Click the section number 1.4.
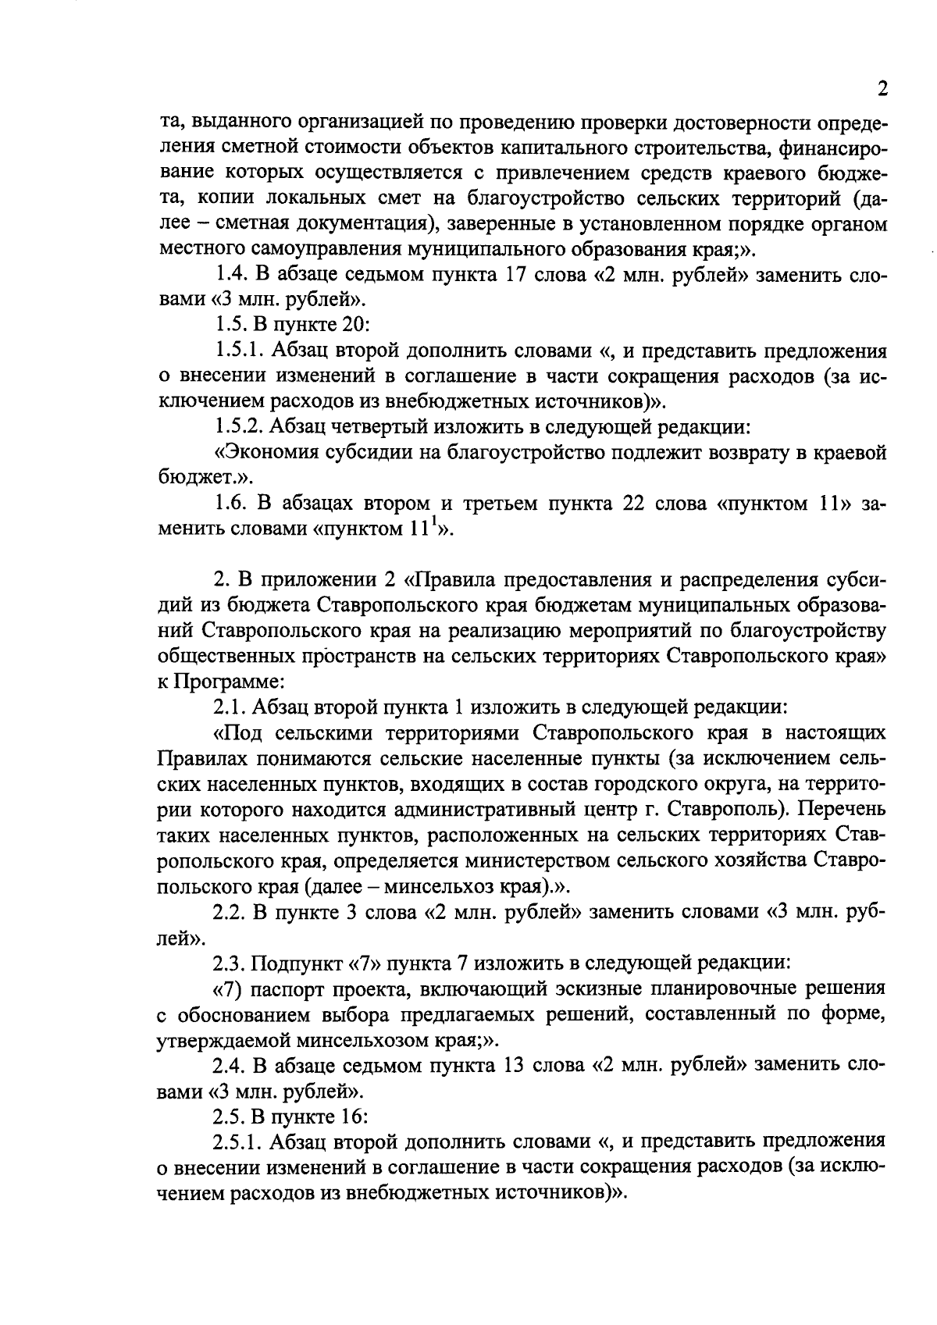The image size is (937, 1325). [232, 276]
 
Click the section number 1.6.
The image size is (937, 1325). [232, 504]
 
